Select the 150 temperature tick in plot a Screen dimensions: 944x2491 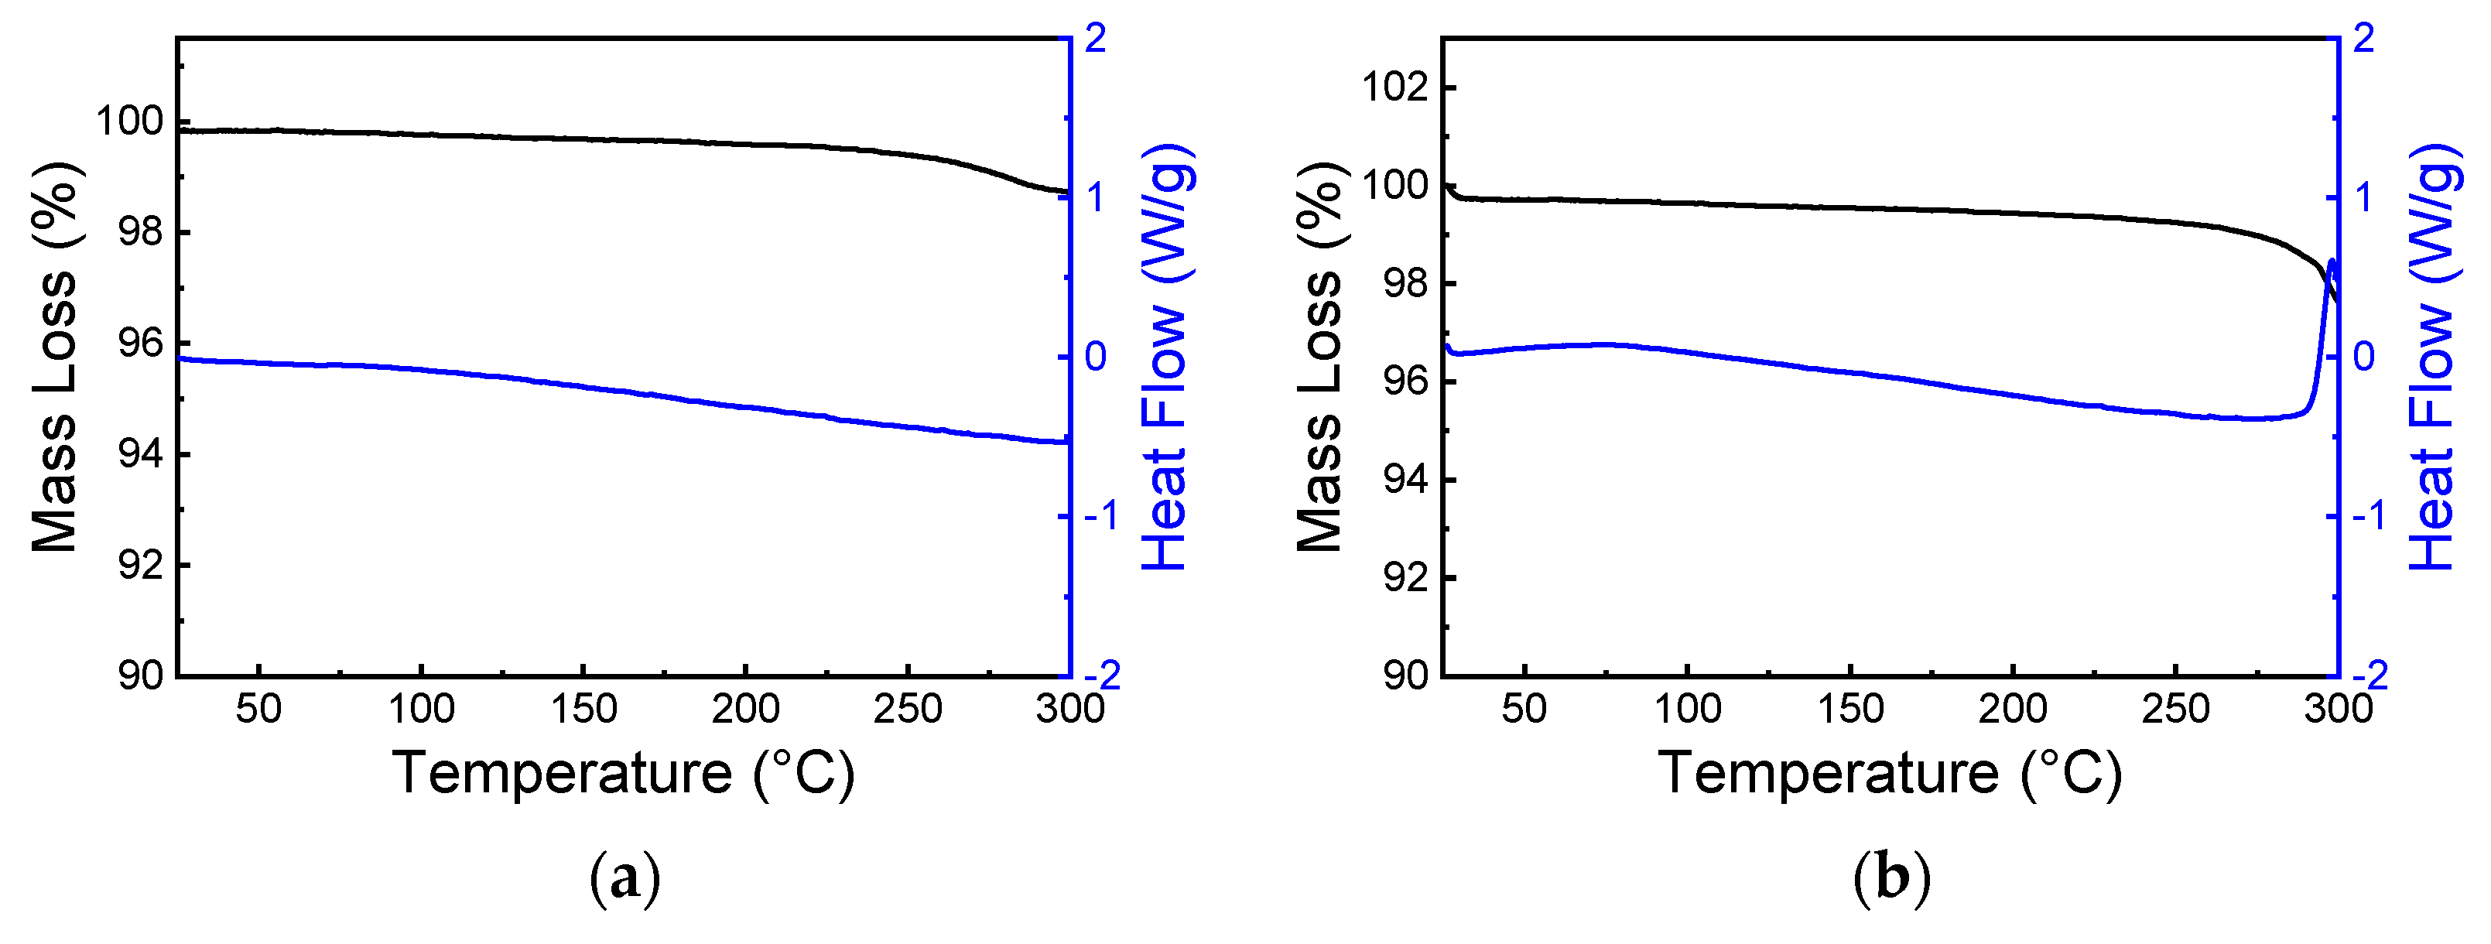pos(583,709)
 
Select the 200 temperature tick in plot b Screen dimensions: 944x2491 pos(2012,709)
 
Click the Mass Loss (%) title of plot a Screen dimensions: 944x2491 pos(55,357)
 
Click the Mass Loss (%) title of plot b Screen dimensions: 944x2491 pos(1320,357)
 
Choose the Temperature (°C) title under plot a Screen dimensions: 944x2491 pos(624,773)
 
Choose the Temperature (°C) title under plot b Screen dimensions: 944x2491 pos(1890,773)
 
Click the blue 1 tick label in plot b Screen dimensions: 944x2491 pos(2363,198)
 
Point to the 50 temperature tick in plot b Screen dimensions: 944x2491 pos(1524,709)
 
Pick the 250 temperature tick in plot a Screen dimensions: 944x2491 pos(907,709)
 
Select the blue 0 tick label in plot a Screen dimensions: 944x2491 pos(1095,357)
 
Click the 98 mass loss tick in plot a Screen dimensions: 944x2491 pos(141,233)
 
